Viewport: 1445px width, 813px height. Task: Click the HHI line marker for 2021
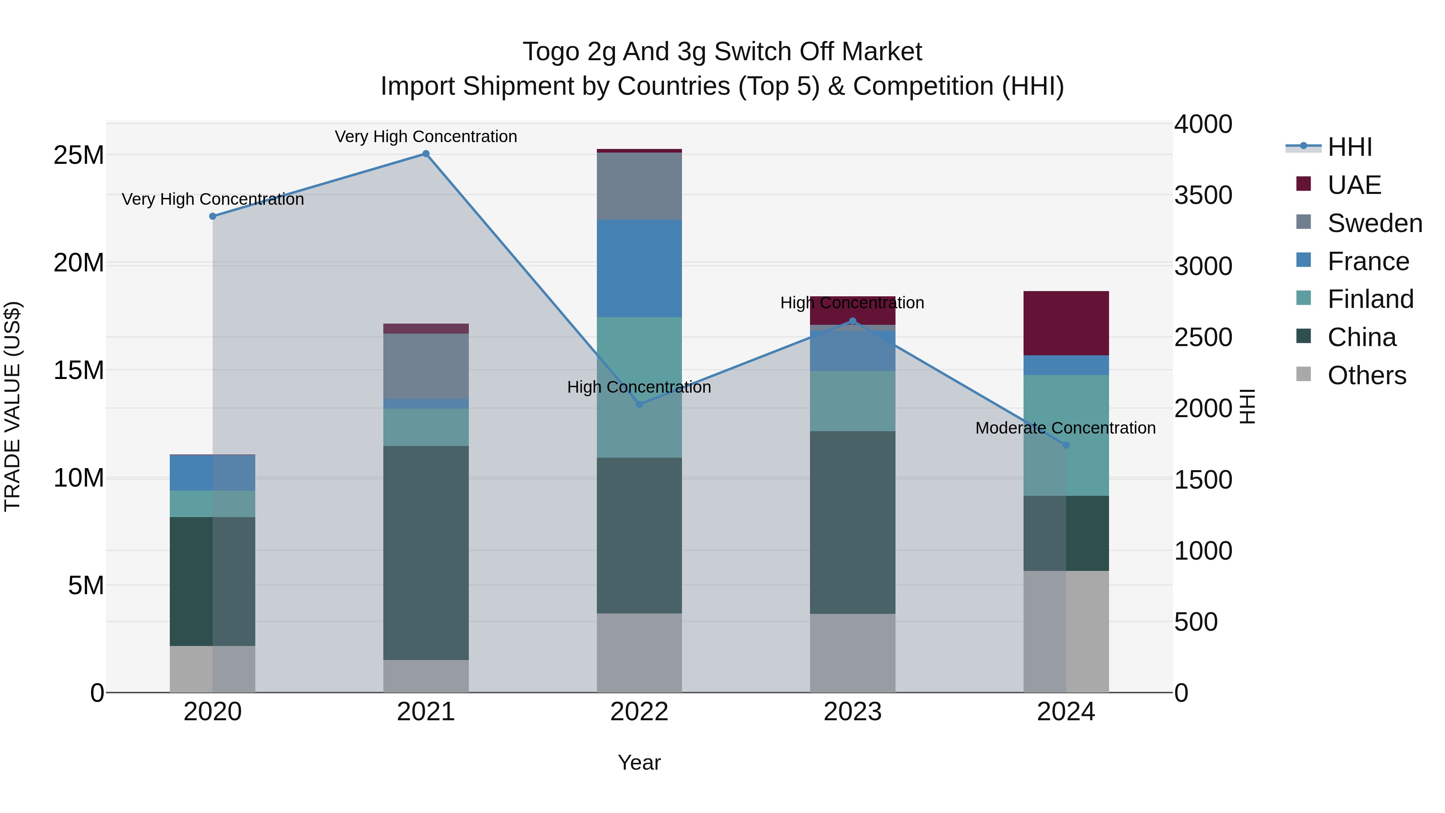(x=426, y=154)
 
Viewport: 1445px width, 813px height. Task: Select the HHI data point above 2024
(x=1066, y=445)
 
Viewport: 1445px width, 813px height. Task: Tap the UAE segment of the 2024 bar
(x=1066, y=323)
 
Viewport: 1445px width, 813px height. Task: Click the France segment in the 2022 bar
(x=639, y=268)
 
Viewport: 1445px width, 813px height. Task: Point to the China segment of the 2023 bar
(x=852, y=522)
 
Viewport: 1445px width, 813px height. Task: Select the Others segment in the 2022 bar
(x=639, y=652)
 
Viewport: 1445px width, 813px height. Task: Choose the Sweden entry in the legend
(x=1374, y=223)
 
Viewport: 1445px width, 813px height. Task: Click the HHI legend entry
(x=1349, y=147)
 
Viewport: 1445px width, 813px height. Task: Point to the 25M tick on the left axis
(x=79, y=155)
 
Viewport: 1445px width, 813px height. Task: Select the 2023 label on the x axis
(x=852, y=712)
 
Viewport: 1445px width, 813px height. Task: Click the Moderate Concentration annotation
(x=1065, y=428)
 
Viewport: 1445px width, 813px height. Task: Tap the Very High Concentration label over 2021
(x=426, y=137)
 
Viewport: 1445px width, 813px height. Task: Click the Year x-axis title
(x=639, y=762)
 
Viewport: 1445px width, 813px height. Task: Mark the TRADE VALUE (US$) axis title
(x=12, y=406)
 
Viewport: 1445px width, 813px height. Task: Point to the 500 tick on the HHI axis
(x=1196, y=621)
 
